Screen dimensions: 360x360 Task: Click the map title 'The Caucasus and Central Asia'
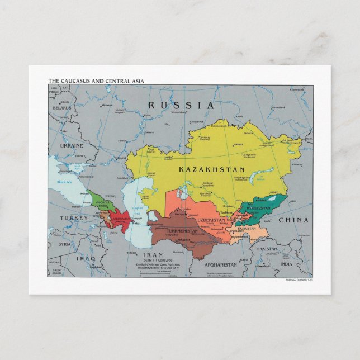(x=96, y=81)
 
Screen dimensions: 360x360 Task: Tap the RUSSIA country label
(x=181, y=105)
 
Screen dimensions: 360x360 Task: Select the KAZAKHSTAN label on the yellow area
(x=212, y=169)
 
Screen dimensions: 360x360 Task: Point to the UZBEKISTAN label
(x=210, y=220)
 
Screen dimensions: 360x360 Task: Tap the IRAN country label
(x=153, y=254)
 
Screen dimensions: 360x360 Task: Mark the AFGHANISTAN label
(x=221, y=264)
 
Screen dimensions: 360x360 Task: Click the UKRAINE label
(x=72, y=145)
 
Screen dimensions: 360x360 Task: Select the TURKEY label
(x=74, y=218)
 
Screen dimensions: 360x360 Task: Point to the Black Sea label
(x=65, y=182)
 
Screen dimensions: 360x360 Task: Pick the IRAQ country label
(x=86, y=259)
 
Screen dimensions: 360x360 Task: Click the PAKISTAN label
(x=267, y=249)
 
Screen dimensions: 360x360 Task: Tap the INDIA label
(x=286, y=264)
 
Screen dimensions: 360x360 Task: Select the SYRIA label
(x=65, y=244)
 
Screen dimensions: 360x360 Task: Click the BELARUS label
(x=62, y=108)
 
